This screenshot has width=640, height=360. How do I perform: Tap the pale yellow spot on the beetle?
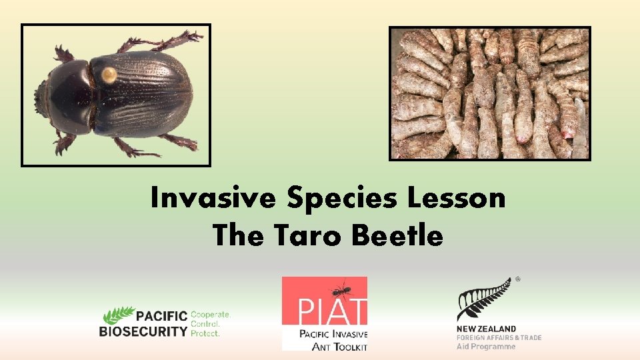(108, 74)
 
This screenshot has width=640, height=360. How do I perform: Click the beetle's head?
(49, 99)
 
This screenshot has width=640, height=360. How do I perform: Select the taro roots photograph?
(490, 93)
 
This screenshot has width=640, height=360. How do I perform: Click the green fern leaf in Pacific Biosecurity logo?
(117, 314)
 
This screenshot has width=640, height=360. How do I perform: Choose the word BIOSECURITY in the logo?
(143, 331)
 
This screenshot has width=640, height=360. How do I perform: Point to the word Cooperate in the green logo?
(211, 313)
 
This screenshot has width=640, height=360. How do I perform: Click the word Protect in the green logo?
(205, 333)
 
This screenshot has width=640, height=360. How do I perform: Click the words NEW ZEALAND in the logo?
(486, 329)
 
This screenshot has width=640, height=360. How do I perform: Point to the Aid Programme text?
(486, 347)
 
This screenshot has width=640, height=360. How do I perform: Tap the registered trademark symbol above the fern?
(517, 280)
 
